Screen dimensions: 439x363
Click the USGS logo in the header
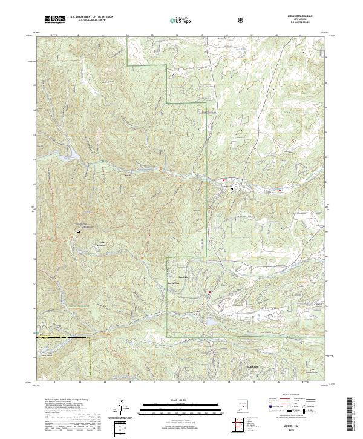click(55, 19)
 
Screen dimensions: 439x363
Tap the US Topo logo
click(174, 20)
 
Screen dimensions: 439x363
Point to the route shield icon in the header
click(241, 20)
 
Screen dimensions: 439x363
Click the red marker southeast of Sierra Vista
click(210, 293)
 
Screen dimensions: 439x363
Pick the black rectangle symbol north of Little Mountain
click(78, 231)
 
